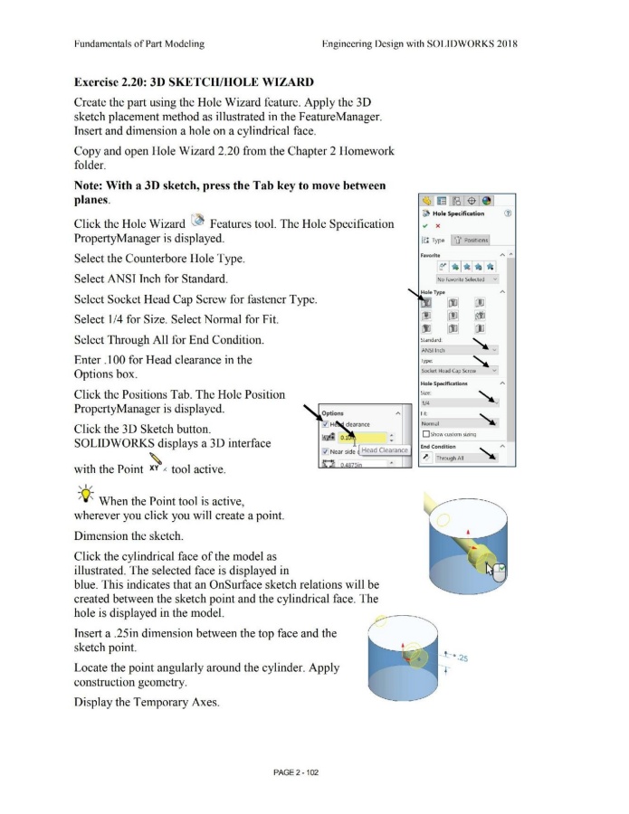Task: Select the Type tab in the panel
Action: (433, 240)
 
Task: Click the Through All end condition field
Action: (462, 458)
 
